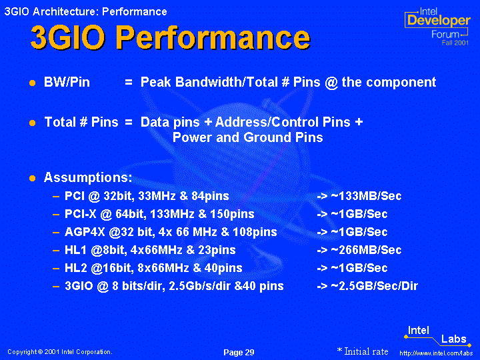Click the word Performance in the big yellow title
click(213, 38)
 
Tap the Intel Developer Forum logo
click(437, 26)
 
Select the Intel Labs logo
click(437, 336)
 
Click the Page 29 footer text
click(239, 353)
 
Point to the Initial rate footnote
click(363, 351)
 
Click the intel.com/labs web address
click(436, 353)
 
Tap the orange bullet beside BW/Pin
click(33, 83)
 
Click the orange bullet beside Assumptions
click(33, 179)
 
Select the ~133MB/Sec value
click(366, 196)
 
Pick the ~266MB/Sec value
click(366, 250)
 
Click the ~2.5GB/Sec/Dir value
click(375, 286)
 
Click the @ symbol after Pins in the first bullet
click(331, 83)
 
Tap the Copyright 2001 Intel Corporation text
click(60, 352)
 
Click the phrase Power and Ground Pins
click(247, 137)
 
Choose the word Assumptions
click(88, 177)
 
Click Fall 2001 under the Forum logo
click(455, 43)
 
